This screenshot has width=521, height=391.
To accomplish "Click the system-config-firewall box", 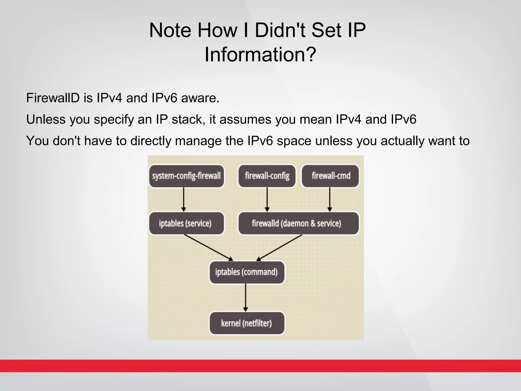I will pyautogui.click(x=186, y=176).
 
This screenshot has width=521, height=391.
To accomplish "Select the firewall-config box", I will pyautogui.click(x=267, y=176).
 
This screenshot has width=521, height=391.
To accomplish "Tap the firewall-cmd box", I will pyautogui.click(x=330, y=176).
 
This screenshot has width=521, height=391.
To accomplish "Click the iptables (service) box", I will pyautogui.click(x=186, y=224).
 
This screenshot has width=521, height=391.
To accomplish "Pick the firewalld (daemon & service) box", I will pyautogui.click(x=298, y=224).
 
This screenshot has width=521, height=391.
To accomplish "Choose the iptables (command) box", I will pyautogui.click(x=247, y=272).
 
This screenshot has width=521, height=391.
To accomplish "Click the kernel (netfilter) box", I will pyautogui.click(x=247, y=323).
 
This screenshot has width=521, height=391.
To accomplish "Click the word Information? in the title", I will pyautogui.click(x=260, y=54).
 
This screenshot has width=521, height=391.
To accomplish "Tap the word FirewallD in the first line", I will pyautogui.click(x=53, y=98).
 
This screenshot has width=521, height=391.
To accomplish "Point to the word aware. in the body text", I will pyautogui.click(x=200, y=98).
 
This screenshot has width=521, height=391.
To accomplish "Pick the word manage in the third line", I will pyautogui.click(x=198, y=141).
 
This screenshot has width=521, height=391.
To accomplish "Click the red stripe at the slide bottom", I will pyautogui.click(x=260, y=366).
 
